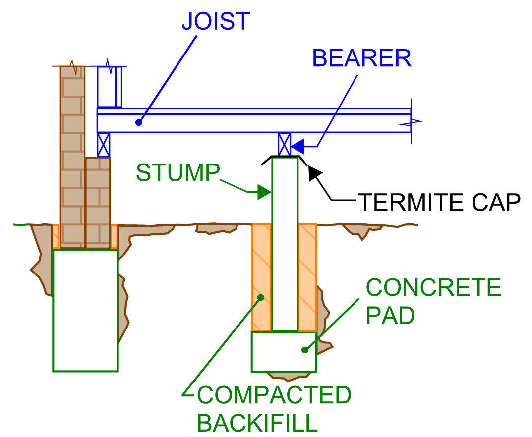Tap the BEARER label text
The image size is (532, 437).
[361, 59]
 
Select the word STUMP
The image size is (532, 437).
[177, 173]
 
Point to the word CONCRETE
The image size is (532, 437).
[433, 288]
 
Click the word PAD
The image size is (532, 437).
[390, 316]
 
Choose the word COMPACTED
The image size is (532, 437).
[274, 395]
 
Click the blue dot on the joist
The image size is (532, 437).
[139, 122]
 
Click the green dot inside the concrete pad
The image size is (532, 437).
[305, 350]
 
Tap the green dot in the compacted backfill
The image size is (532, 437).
[261, 298]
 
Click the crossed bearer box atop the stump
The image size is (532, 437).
[284, 144]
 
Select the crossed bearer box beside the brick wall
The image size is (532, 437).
[103, 145]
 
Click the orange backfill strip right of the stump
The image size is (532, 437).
[307, 277]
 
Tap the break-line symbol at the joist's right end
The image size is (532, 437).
[414, 122]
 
